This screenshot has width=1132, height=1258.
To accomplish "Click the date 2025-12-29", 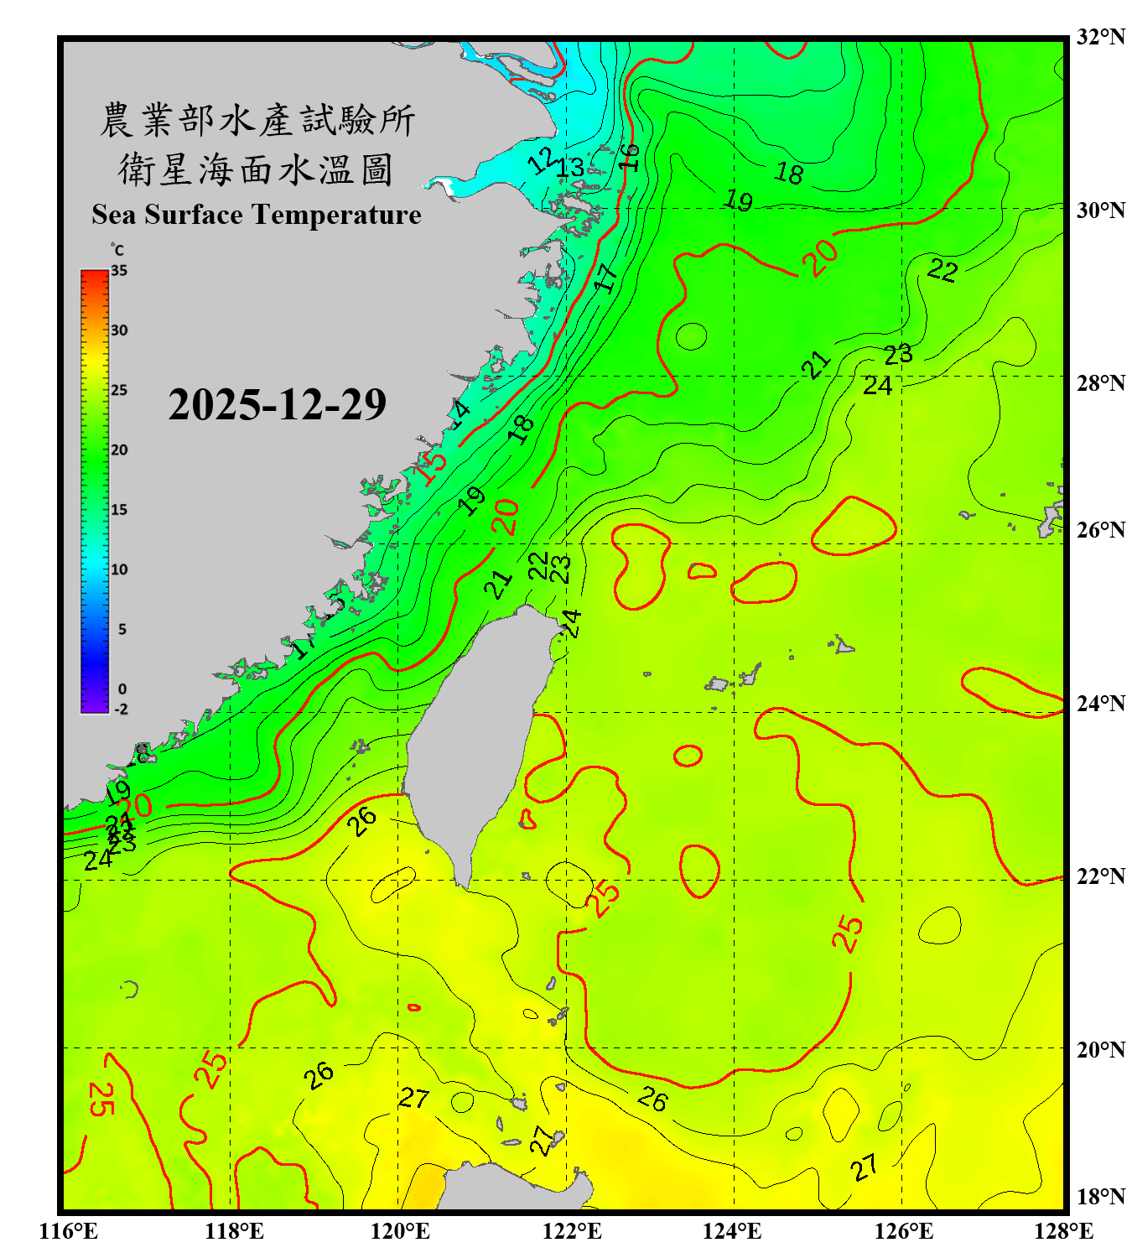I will coord(277,405).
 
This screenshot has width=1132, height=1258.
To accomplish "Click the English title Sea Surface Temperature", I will coord(257,215).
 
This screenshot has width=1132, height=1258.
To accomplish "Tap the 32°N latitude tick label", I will coord(1100,37).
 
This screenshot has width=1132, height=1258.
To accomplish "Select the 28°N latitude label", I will coord(1100,383).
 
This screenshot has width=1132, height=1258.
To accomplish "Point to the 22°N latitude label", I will coord(1100,876).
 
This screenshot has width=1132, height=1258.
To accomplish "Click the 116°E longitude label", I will coord(69,1231).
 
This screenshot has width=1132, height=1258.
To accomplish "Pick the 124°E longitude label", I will coord(732,1231).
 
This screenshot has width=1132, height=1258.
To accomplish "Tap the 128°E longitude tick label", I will coord(1063,1231).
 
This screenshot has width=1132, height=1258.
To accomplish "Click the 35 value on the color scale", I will coord(119,271).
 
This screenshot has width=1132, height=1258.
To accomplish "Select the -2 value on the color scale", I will coord(121,710).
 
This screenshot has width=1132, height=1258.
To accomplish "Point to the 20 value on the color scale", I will coord(119,450).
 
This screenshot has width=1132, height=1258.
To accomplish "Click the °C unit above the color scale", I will coord(117,250).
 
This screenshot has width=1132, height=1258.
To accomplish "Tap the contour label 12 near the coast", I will coord(543,159).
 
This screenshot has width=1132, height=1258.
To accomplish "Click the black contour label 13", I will coord(570,168).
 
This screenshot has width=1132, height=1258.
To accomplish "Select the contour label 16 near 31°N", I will coord(630,157).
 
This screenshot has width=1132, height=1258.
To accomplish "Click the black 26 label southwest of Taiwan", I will coord(362,821).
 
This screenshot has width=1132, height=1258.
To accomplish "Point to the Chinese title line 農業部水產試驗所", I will coord(257,120).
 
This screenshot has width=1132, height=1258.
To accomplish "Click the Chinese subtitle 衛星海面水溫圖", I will coord(257,169).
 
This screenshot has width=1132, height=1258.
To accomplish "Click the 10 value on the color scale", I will coord(119,569).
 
